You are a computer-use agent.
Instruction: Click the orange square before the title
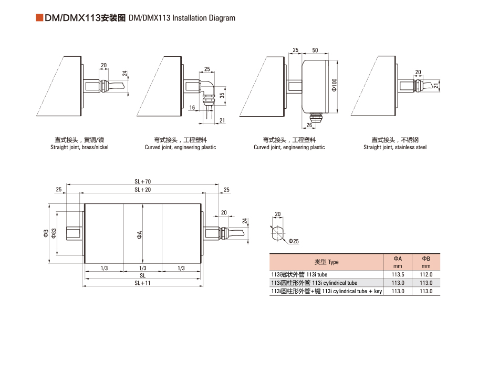point(39,18)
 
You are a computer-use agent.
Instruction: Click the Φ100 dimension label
point(334,85)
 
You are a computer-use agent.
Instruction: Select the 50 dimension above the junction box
point(315,50)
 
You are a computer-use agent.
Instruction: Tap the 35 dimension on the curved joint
point(222,96)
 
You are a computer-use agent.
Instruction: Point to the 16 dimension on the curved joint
point(193,107)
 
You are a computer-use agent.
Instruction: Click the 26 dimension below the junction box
point(309,125)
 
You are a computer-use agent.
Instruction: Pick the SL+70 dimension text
point(142,181)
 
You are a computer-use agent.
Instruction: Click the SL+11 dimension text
point(142,283)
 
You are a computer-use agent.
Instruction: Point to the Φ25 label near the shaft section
point(293,241)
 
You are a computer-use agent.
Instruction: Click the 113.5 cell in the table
point(398,274)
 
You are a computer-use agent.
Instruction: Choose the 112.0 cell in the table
point(426,274)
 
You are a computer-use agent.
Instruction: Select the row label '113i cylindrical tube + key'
point(326,291)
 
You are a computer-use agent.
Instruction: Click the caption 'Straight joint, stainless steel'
point(395,148)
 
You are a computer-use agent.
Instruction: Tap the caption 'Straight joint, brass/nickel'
point(79,148)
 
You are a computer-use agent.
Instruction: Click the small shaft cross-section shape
point(278,233)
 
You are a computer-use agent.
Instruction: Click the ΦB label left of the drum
point(46,234)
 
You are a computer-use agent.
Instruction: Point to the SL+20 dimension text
point(142,189)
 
